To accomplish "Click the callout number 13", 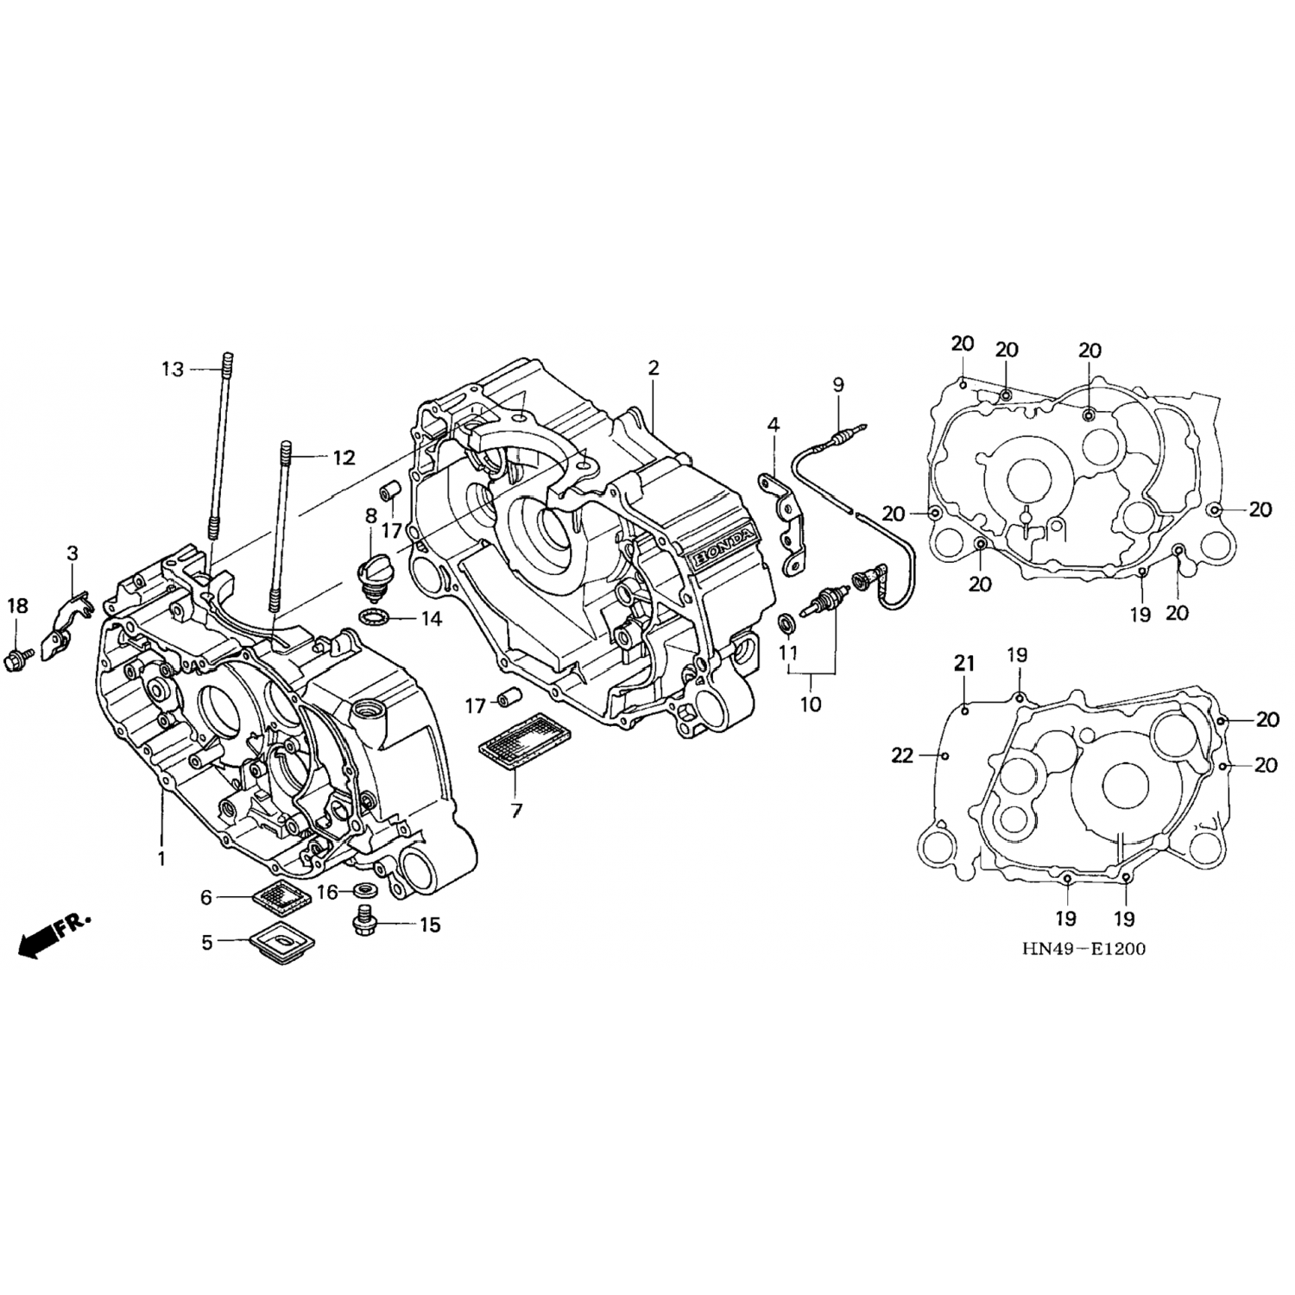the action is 173,370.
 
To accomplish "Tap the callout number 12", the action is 344,458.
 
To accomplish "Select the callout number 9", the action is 837,385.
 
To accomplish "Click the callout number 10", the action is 811,704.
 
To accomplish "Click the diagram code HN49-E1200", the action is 1083,949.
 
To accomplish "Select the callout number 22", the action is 902,756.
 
